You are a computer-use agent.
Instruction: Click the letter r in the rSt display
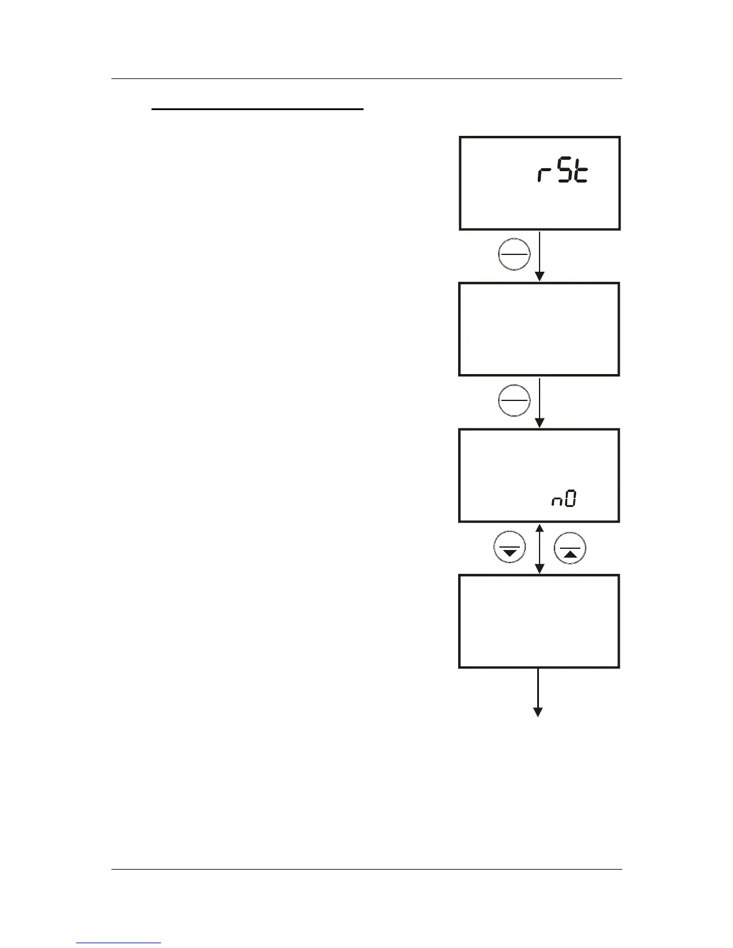click(543, 175)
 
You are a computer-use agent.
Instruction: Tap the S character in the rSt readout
click(564, 173)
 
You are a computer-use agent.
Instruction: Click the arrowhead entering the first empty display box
click(540, 276)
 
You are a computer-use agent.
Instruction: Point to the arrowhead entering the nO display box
click(540, 423)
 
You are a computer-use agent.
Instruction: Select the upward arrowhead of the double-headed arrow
click(540, 528)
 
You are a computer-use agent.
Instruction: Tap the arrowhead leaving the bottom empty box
click(538, 712)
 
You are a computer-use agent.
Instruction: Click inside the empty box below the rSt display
click(539, 329)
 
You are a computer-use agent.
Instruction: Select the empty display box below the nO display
click(539, 621)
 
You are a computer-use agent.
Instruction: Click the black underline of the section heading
click(258, 110)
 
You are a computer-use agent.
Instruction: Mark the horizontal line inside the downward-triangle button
click(510, 545)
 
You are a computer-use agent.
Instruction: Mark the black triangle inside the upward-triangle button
click(571, 554)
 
